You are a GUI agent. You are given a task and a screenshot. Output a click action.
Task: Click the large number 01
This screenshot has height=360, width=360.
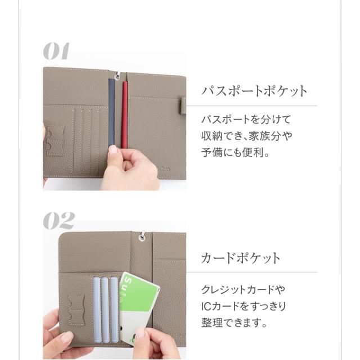[56, 51]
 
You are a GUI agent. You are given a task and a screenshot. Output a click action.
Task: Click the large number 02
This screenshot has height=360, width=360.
[58, 220]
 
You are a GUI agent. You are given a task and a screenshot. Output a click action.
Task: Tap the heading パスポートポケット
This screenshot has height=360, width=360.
[254, 91]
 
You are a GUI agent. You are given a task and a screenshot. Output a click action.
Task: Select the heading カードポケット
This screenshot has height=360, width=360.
[241, 258]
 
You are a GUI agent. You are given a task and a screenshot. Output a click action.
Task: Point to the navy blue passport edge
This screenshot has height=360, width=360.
[112, 112]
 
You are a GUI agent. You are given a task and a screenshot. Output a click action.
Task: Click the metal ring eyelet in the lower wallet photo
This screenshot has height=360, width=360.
[142, 237]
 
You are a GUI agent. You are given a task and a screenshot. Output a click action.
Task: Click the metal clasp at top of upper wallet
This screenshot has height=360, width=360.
[118, 75]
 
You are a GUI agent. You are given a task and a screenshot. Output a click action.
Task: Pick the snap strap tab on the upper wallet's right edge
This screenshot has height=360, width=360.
[183, 106]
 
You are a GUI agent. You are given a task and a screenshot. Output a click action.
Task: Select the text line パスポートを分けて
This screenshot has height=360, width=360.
[246, 120]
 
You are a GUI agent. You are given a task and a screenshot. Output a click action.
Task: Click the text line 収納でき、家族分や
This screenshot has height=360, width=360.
[247, 136]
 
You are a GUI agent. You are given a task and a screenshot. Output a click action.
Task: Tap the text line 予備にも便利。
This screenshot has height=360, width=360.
[235, 152]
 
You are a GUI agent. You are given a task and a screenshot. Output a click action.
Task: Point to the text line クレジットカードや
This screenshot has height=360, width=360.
[244, 290]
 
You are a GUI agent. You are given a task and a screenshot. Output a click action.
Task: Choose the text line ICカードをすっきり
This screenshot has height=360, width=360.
[244, 306]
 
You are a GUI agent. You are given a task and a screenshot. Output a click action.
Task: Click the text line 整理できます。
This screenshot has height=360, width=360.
[234, 322]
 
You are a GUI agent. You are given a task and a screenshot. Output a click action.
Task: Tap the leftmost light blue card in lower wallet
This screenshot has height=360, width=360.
[97, 309]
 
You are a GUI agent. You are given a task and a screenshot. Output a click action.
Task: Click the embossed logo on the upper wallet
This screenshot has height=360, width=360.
[164, 169]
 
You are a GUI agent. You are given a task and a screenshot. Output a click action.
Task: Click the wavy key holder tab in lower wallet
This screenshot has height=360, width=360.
[76, 310]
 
